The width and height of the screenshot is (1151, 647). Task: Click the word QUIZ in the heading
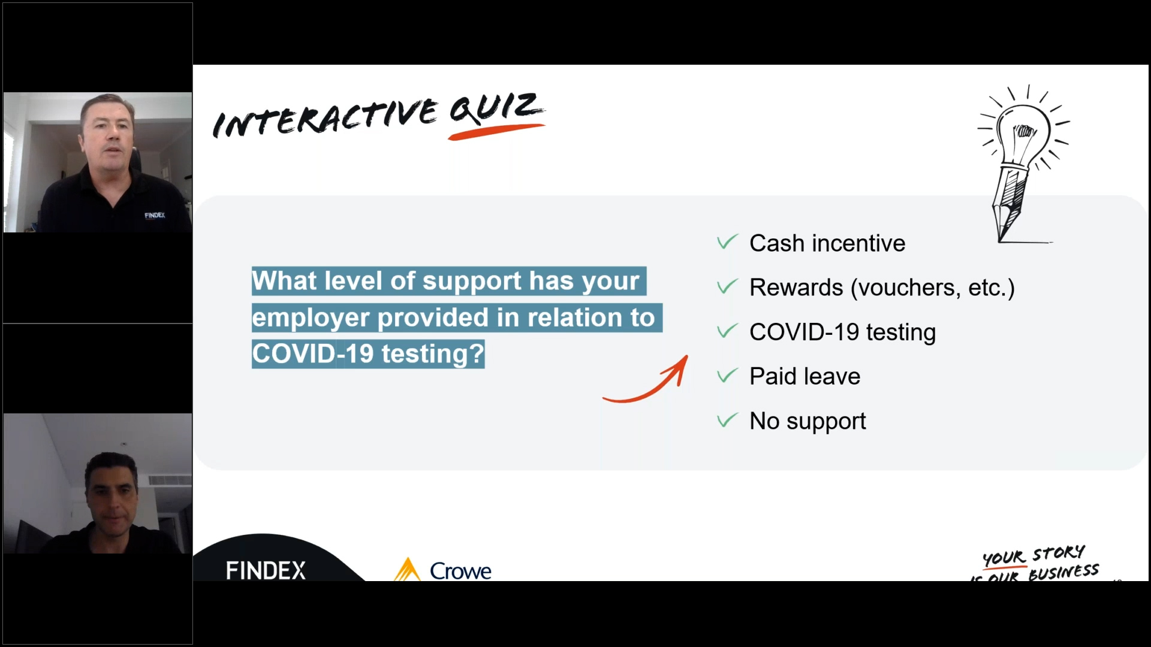coord(496,108)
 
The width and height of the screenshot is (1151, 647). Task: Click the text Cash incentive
coord(827,243)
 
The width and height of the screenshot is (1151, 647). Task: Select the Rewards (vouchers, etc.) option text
coord(882,288)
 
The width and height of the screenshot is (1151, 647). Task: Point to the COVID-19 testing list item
coord(842,332)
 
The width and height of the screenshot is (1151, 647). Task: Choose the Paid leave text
coord(805,376)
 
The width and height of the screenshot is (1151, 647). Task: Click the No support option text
coord(807,421)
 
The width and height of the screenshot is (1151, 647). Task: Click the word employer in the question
coord(311,318)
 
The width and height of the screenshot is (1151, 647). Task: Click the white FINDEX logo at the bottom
coord(266,570)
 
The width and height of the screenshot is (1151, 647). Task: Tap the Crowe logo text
coord(460,571)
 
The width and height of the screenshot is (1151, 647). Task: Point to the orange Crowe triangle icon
coord(408,569)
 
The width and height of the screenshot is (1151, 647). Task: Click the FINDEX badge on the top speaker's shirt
coord(155,215)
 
